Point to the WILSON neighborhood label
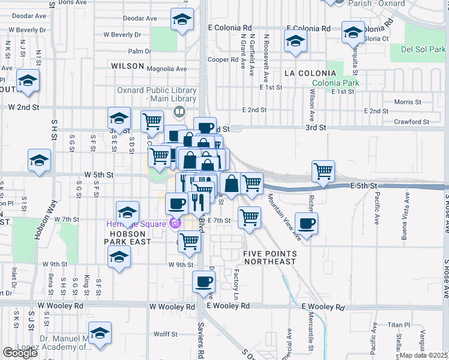127,66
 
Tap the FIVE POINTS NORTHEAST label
270,257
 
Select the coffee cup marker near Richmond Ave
307,225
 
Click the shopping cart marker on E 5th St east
323,172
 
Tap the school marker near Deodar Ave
181,20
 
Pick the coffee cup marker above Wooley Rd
203,281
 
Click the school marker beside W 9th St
119,258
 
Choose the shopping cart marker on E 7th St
249,218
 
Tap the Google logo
20,353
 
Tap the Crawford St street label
411,122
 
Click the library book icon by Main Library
179,111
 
